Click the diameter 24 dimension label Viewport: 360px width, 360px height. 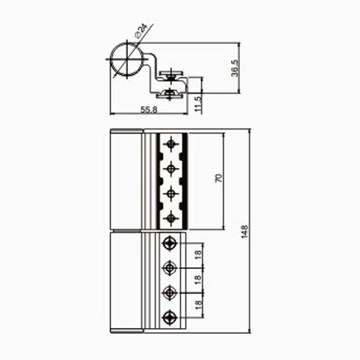coord(141,31)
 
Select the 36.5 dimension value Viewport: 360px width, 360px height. coord(235,68)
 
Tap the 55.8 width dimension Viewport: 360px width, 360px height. coord(149,110)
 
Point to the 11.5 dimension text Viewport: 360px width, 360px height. coord(198,104)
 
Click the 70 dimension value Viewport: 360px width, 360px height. coord(219,178)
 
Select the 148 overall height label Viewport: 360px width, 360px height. coord(245,232)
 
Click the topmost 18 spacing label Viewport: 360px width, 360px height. coord(198,254)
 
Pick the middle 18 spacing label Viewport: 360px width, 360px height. coord(198,280)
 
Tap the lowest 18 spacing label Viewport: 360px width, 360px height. coord(198,305)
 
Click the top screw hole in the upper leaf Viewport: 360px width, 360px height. coord(171,144)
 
